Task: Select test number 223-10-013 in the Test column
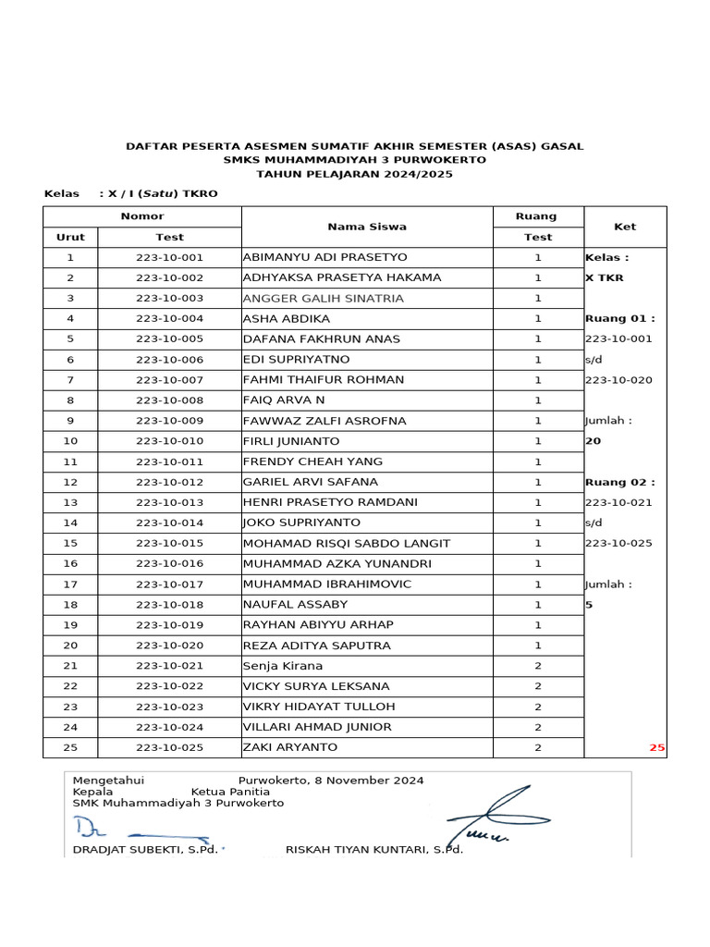point(169,502)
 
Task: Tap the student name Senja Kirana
point(283,666)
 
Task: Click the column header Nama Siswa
point(366,227)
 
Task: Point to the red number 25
point(656,747)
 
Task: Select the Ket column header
point(625,227)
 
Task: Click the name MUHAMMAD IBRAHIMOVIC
point(326,584)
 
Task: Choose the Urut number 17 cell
point(70,584)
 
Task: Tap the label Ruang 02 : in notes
point(619,482)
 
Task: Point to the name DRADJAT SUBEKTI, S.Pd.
point(145,850)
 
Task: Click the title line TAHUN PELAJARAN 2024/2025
point(354,174)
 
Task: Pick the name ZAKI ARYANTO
point(289,747)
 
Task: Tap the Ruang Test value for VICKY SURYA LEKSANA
point(537,686)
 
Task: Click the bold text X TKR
point(604,277)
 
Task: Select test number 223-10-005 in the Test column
point(169,339)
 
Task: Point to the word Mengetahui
point(108,781)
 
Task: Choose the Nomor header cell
point(141,216)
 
